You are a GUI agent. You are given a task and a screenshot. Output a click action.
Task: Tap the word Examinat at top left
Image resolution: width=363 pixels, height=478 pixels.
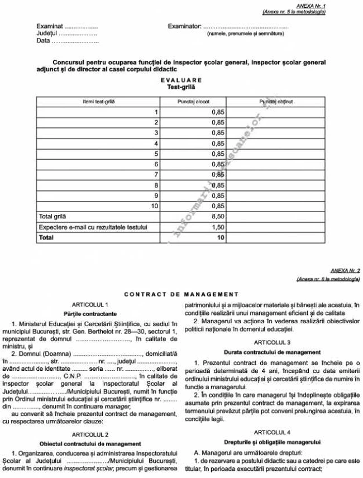coord(50,26)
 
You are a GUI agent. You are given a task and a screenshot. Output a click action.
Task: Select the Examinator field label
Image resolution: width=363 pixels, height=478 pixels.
coord(184,26)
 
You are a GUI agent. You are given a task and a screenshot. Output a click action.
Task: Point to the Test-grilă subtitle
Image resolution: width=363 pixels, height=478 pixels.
coord(181,87)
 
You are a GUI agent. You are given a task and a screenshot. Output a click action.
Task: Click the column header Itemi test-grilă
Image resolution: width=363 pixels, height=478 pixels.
coord(98,102)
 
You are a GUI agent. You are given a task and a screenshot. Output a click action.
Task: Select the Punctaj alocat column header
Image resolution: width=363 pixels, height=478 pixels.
coord(193,102)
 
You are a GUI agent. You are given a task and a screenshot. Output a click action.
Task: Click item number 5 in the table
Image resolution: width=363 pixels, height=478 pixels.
coord(157,154)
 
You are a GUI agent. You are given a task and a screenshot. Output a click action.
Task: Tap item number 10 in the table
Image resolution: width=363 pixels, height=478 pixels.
coord(155,206)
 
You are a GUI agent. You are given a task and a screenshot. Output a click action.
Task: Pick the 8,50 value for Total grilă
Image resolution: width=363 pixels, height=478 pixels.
coord(218,217)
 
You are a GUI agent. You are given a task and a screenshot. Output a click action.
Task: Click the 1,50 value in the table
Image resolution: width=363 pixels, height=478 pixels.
coord(218,227)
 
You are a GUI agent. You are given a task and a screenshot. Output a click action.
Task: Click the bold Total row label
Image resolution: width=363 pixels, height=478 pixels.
coord(46,238)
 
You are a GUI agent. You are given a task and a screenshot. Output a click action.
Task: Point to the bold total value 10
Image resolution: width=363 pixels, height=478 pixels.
coord(221,238)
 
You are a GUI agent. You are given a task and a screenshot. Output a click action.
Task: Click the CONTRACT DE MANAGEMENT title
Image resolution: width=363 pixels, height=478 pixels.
coord(181,294)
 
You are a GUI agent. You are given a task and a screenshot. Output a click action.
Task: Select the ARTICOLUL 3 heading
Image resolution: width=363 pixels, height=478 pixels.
coord(271,342)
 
